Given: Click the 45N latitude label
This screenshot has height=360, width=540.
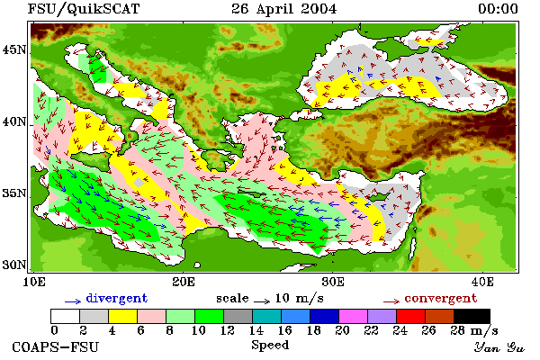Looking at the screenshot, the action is click(x=14, y=50).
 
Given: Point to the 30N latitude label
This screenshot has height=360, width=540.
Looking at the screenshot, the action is click(x=14, y=265).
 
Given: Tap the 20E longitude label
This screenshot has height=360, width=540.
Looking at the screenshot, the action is click(x=184, y=282).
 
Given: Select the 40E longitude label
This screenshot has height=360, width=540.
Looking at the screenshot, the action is click(x=482, y=282).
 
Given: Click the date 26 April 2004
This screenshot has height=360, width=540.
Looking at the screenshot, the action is click(x=284, y=9).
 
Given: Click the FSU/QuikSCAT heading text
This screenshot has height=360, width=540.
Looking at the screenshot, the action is click(x=84, y=9).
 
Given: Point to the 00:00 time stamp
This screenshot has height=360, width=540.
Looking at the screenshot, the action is click(x=499, y=9).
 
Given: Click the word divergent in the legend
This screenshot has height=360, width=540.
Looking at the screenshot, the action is click(x=117, y=298).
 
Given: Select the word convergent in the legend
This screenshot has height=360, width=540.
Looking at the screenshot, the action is click(x=441, y=298).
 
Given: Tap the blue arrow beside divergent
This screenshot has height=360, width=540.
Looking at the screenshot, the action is click(x=73, y=301).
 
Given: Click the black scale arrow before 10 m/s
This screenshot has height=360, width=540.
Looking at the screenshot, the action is click(x=262, y=301).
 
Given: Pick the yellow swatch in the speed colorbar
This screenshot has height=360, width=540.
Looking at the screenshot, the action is click(x=122, y=316).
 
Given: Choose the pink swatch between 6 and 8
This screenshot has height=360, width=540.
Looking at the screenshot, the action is click(x=151, y=316).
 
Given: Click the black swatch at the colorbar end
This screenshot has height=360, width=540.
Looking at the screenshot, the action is click(x=472, y=316).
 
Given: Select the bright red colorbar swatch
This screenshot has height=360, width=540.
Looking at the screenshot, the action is click(x=411, y=316).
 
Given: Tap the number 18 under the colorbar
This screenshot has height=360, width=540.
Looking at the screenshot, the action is click(x=314, y=330).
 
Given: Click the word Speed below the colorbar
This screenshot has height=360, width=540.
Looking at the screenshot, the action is click(x=270, y=346).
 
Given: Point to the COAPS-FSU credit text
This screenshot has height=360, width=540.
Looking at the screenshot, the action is click(x=56, y=346).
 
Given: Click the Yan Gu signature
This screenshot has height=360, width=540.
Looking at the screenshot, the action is click(x=499, y=347).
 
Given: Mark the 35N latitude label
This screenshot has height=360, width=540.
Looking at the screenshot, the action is click(x=14, y=193).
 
